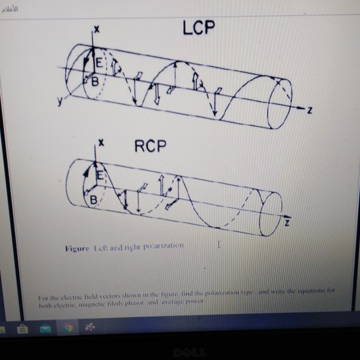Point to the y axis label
(59, 101)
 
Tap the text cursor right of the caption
(219, 244)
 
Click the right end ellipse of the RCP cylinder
(269, 206)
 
